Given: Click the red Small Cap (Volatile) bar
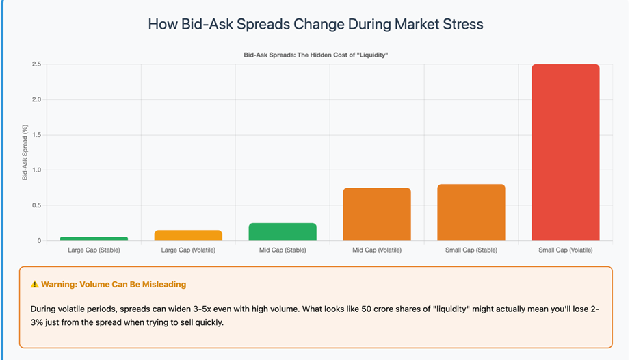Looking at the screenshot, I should pyautogui.click(x=565, y=152).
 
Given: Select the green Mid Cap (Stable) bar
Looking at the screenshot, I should pyautogui.click(x=283, y=232).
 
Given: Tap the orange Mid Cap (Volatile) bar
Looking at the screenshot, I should pyautogui.click(x=377, y=214).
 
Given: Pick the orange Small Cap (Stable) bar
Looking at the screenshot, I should pyautogui.click(x=471, y=212).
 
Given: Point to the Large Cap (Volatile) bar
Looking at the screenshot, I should pyautogui.click(x=188, y=235).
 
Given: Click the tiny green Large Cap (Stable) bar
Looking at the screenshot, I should pyautogui.click(x=94, y=239).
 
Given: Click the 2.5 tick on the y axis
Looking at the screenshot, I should pyautogui.click(x=36, y=64).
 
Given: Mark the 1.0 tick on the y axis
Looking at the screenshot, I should pyautogui.click(x=36, y=170).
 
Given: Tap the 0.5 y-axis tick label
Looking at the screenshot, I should pyautogui.click(x=36, y=205).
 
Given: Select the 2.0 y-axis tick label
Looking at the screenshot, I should pyautogui.click(x=36, y=99).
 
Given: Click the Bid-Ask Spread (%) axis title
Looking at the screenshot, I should pyautogui.click(x=25, y=152).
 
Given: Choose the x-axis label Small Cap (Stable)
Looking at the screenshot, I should pyautogui.click(x=471, y=250).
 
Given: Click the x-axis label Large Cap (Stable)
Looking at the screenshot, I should pyautogui.click(x=94, y=250).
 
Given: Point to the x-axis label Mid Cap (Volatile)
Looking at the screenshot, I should pyautogui.click(x=377, y=250).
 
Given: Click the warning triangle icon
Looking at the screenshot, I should pyautogui.click(x=34, y=284).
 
